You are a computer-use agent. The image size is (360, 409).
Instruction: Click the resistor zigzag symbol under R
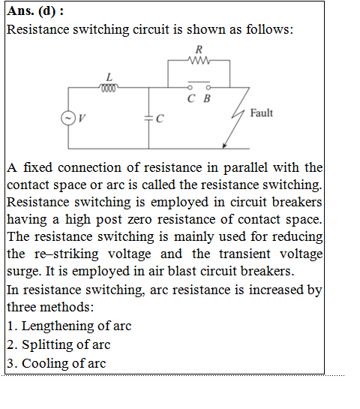click(x=199, y=61)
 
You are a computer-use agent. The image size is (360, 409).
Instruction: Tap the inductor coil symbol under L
click(x=109, y=88)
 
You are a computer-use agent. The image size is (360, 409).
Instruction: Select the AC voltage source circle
click(x=68, y=118)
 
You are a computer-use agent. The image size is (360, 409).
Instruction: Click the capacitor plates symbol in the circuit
click(x=148, y=119)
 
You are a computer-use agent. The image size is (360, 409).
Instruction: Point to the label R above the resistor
click(x=199, y=50)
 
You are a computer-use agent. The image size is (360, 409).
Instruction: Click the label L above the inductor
click(x=109, y=77)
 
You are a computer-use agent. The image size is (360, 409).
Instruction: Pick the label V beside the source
click(x=82, y=119)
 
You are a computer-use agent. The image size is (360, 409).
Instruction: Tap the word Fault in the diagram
click(x=262, y=113)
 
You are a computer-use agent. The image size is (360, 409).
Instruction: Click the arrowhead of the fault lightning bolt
click(x=224, y=146)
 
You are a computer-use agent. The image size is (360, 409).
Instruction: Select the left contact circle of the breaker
click(x=190, y=87)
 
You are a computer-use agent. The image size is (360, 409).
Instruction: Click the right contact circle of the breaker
click(x=208, y=87)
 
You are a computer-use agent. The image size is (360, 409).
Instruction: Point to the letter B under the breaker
click(x=207, y=98)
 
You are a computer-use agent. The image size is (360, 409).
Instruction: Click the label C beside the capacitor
click(x=160, y=119)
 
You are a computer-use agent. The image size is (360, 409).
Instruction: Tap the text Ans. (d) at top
click(x=31, y=11)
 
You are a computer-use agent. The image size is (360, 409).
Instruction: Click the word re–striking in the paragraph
click(x=67, y=254)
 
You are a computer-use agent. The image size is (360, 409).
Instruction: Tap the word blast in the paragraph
click(x=182, y=271)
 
